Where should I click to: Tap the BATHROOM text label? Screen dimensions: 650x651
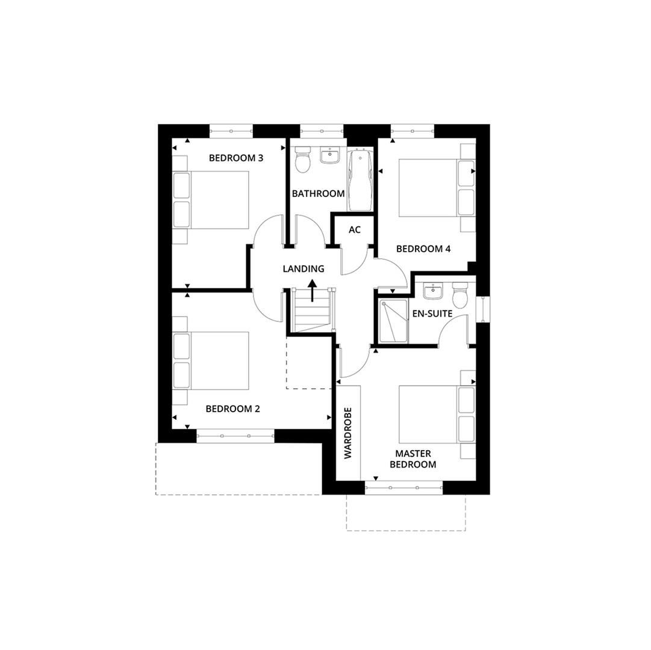tap(318, 194)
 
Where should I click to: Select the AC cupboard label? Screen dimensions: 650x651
tap(355, 230)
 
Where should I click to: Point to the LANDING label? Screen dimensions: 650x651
tap(304, 269)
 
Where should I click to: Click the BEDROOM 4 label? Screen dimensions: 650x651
tap(423, 249)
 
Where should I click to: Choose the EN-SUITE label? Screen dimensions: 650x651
tap(432, 314)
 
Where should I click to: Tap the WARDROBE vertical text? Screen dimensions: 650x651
tap(347, 433)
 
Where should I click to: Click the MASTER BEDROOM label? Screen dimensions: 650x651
tap(413, 459)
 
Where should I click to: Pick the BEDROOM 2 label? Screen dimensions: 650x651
tap(232, 409)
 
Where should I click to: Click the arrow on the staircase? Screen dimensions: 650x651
tap(312, 290)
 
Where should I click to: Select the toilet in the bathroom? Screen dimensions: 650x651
tap(302, 159)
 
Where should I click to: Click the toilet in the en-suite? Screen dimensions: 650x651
tap(460, 296)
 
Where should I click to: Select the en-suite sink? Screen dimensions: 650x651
tap(432, 292)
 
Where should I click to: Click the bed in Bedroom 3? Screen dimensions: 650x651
tap(212, 199)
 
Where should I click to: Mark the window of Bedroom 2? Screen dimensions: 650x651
tap(235, 436)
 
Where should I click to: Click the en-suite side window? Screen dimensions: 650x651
tap(482, 309)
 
